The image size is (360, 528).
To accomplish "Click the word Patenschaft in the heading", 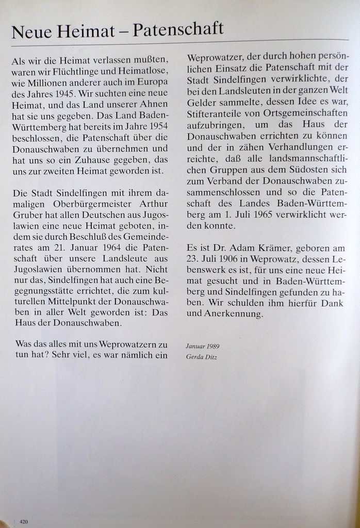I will pos(178,30).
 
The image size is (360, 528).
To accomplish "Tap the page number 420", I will pos(24,522).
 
